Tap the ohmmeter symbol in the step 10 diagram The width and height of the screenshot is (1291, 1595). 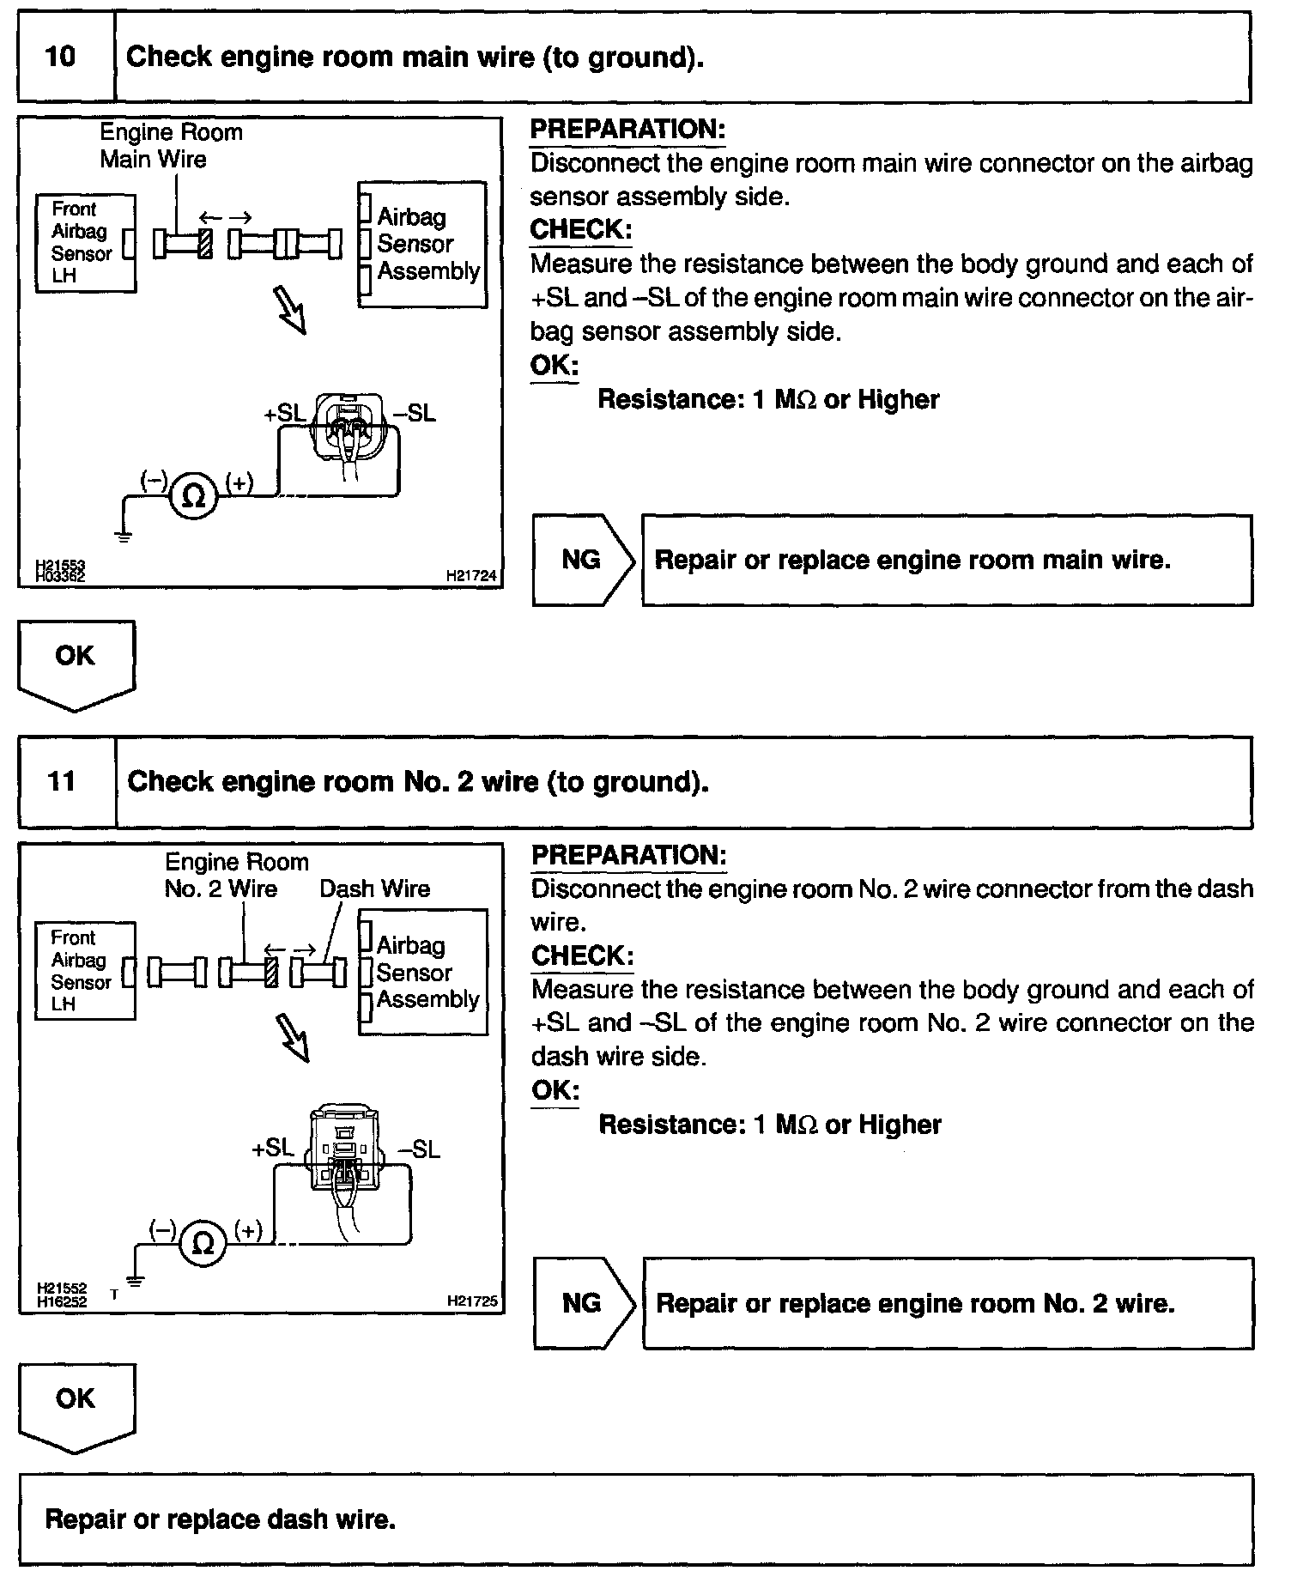coord(194,495)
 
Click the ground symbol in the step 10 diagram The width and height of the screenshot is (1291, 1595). coord(124,537)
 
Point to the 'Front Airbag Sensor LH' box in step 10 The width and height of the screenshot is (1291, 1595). coord(84,243)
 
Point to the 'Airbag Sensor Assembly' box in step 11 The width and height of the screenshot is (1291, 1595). coord(423,972)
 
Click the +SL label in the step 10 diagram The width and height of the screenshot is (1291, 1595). coord(285,414)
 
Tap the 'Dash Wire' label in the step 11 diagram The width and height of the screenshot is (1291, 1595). coord(374,888)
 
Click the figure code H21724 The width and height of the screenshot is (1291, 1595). coord(471,577)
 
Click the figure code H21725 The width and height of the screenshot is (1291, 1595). coord(472,1301)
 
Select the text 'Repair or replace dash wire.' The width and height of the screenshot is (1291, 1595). coord(220,1519)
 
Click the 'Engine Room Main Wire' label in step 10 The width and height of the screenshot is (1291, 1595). coord(171,145)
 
